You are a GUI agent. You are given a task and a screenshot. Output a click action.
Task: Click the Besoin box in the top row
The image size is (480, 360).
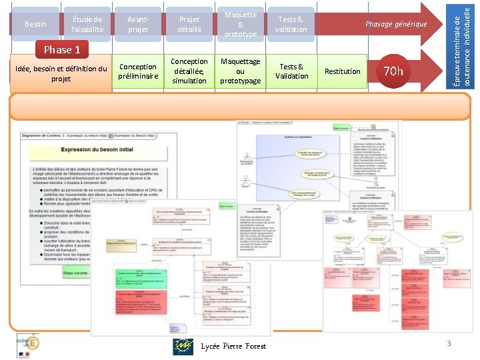[x=35, y=24]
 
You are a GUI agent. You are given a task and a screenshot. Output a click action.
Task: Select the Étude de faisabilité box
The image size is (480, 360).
[x=87, y=24]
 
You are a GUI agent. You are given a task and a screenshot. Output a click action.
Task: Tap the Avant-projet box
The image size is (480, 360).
[x=138, y=24]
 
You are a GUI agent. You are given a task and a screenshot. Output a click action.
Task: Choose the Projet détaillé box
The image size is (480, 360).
[x=189, y=24]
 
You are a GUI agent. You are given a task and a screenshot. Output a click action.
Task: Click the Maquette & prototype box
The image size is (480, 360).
[x=241, y=24]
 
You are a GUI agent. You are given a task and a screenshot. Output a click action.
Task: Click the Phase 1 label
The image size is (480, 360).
[x=61, y=49]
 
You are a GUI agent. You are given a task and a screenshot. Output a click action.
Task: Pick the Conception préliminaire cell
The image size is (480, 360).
[x=138, y=71]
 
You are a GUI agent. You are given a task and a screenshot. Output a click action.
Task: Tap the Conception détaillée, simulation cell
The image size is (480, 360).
[x=189, y=71]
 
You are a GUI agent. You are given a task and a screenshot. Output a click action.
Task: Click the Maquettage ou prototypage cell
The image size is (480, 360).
[x=241, y=71]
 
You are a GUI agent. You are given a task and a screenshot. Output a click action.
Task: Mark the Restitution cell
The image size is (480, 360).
[x=342, y=71]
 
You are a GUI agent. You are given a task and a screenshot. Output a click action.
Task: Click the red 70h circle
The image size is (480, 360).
[x=395, y=71]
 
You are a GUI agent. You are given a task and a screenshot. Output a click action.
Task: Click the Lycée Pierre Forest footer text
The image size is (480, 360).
[x=233, y=346]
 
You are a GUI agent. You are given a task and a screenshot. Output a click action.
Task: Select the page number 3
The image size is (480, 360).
[x=449, y=343]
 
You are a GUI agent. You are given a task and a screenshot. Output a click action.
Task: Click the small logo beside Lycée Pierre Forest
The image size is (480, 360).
[x=183, y=346]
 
